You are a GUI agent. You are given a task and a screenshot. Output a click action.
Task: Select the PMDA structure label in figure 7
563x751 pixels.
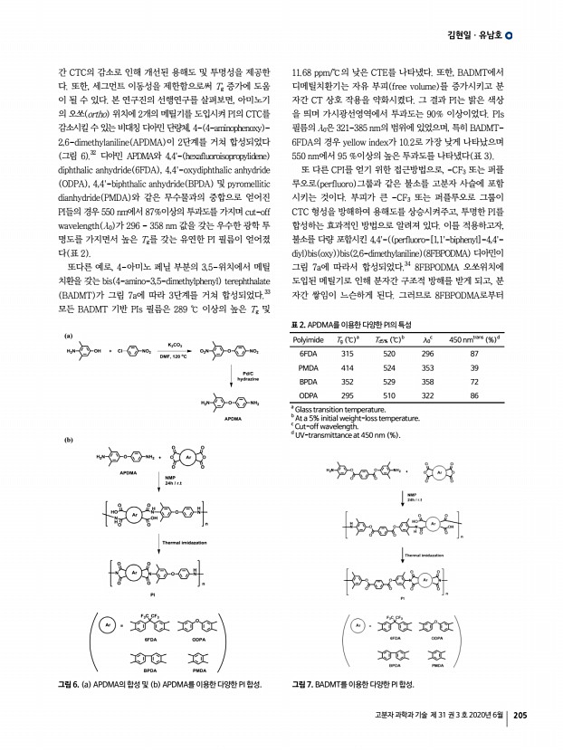pos(436,666)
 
